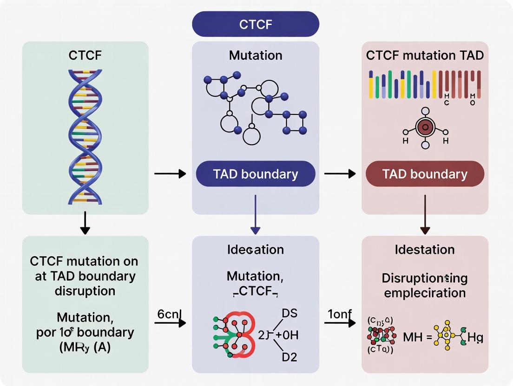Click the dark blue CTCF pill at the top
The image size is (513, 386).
coord(256,24)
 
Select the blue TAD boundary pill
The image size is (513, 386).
coord(256,174)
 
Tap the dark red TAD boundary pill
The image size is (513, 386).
coord(425,174)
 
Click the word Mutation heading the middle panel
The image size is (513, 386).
coord(256,56)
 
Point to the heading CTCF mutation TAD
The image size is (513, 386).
coord(425,56)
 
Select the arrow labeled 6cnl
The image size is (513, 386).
coord(170,322)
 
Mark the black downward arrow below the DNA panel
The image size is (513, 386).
coord(85,224)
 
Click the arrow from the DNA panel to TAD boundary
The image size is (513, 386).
coord(170,174)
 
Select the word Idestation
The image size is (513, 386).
coord(425,250)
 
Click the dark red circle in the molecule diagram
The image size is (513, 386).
coord(425,127)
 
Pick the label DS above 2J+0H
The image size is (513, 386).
coord(289,314)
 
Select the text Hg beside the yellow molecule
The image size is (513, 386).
coord(474,337)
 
